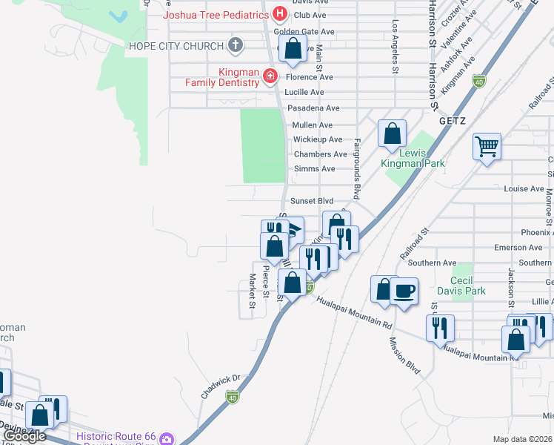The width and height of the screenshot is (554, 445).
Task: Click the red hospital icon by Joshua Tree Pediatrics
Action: tap(279, 13)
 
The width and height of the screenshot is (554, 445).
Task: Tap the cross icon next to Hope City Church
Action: tap(236, 46)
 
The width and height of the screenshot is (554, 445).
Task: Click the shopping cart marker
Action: tap(487, 146)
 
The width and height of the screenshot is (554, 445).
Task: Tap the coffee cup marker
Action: tap(404, 291)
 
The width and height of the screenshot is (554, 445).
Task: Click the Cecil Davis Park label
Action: tap(461, 286)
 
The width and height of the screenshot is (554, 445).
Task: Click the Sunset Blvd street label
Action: tap(312, 201)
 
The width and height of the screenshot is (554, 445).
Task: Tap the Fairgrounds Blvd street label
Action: tap(356, 168)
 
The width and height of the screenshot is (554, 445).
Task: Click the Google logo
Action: tap(24, 436)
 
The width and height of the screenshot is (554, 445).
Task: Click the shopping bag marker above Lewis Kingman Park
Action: tap(393, 133)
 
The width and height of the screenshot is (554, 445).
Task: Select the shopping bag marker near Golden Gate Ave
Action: tap(294, 49)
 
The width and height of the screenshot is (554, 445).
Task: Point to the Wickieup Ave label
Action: tap(318, 139)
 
